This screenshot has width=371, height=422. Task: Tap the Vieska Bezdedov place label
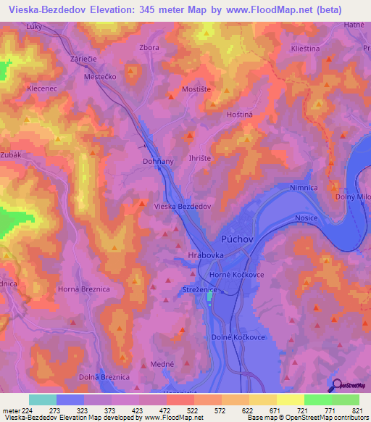click(x=183, y=207)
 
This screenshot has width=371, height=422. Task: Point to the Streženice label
click(x=198, y=290)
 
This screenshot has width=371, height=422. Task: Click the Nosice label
click(x=308, y=218)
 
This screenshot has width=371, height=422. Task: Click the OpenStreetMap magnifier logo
click(x=337, y=386)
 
